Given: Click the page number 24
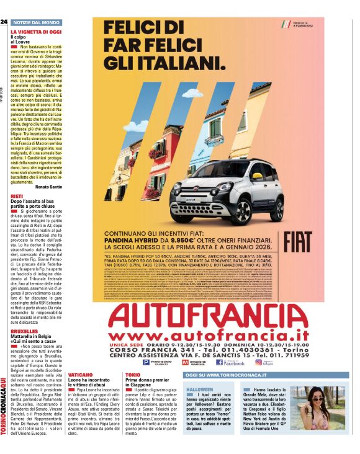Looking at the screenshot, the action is [4, 22].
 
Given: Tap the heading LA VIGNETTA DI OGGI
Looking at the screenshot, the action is [36, 31].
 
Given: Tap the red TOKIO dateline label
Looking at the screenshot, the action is [133, 376].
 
